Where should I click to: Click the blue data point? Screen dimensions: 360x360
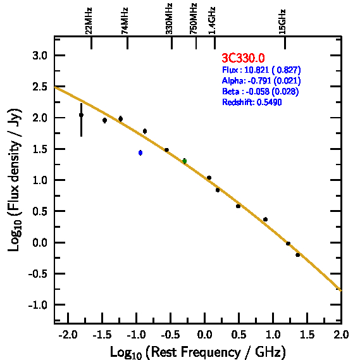[x=140, y=152]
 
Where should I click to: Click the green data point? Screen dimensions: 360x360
[x=184, y=161]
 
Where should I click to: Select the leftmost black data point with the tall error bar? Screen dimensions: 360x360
[x=81, y=115]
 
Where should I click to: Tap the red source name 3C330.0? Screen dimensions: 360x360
[x=243, y=58]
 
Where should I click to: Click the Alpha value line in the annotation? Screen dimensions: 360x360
[x=261, y=80]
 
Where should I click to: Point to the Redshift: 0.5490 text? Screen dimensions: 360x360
[x=252, y=102]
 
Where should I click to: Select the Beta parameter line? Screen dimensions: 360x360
[x=261, y=91]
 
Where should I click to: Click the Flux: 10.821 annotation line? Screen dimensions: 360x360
[x=261, y=70]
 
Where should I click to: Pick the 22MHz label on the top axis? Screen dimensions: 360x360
[x=89, y=21]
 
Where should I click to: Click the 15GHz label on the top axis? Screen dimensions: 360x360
[x=282, y=22]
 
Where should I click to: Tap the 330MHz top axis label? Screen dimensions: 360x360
[x=169, y=19]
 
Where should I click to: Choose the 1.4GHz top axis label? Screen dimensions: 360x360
[x=212, y=20]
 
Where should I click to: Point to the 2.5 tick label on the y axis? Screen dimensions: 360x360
[x=40, y=87]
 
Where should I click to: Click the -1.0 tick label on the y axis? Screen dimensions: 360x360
[x=38, y=305]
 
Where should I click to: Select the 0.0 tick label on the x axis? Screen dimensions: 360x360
[x=204, y=335]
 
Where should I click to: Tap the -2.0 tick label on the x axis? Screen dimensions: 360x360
[x=68, y=335]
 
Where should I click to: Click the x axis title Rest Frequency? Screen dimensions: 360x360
[x=198, y=352]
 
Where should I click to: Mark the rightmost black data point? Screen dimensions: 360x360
[x=298, y=255]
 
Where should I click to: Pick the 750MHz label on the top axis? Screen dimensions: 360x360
[x=194, y=19]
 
